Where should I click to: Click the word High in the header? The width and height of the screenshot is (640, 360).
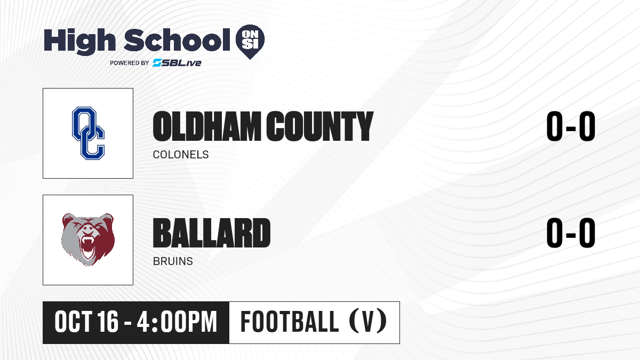click(79, 42)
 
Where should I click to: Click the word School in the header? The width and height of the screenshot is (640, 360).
click(177, 39)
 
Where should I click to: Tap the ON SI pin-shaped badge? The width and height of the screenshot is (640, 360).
click(250, 42)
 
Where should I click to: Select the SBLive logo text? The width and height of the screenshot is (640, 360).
click(177, 62)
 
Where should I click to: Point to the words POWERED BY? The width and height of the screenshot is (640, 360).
click(130, 63)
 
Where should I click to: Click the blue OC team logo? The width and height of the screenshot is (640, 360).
click(89, 133)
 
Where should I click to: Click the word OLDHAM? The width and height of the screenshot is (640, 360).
click(207, 126)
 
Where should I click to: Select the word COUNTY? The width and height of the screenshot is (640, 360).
click(319, 126)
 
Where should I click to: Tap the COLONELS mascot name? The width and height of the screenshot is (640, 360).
click(181, 155)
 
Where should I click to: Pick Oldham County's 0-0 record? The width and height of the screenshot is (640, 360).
click(571, 126)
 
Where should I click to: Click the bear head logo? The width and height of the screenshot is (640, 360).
click(88, 239)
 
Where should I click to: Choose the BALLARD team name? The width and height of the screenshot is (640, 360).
click(212, 233)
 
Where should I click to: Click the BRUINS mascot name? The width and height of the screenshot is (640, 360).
click(173, 261)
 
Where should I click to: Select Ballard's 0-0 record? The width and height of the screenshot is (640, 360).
click(571, 233)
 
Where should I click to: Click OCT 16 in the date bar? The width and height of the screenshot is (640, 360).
click(86, 322)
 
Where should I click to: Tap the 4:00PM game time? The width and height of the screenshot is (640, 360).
click(177, 322)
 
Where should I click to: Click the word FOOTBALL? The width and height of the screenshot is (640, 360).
click(290, 322)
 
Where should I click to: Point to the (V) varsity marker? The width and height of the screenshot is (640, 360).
click(368, 322)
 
